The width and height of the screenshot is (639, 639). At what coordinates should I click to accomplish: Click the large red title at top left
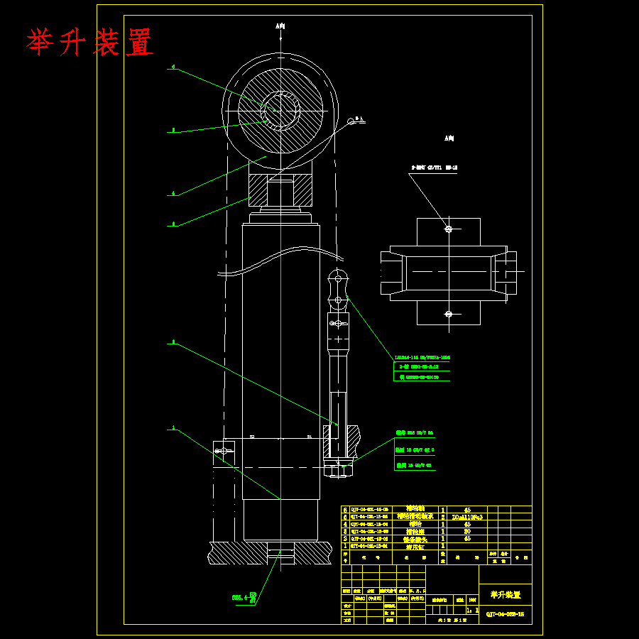click(x=90, y=43)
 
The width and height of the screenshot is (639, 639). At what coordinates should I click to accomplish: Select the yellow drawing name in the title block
click(x=505, y=595)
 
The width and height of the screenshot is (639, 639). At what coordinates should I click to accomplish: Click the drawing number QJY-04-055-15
click(x=505, y=615)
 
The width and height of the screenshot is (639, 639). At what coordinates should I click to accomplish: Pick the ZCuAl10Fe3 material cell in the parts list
click(x=467, y=518)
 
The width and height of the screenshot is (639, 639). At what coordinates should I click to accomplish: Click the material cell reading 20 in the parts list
click(x=467, y=531)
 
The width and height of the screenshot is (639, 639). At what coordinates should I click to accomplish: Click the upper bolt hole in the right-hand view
click(x=448, y=229)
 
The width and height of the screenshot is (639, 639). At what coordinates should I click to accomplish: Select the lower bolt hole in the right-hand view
click(x=448, y=313)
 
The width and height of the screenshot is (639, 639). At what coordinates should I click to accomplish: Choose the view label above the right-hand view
click(x=449, y=138)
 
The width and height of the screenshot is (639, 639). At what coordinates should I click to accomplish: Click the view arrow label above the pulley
click(x=280, y=26)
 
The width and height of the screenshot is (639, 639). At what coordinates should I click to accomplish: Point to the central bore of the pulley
click(x=280, y=109)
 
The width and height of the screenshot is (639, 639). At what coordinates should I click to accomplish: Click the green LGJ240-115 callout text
click(x=422, y=358)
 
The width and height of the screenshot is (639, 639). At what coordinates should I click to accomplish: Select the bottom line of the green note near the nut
click(x=414, y=466)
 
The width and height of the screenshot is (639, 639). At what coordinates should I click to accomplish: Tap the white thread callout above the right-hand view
click(x=434, y=168)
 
